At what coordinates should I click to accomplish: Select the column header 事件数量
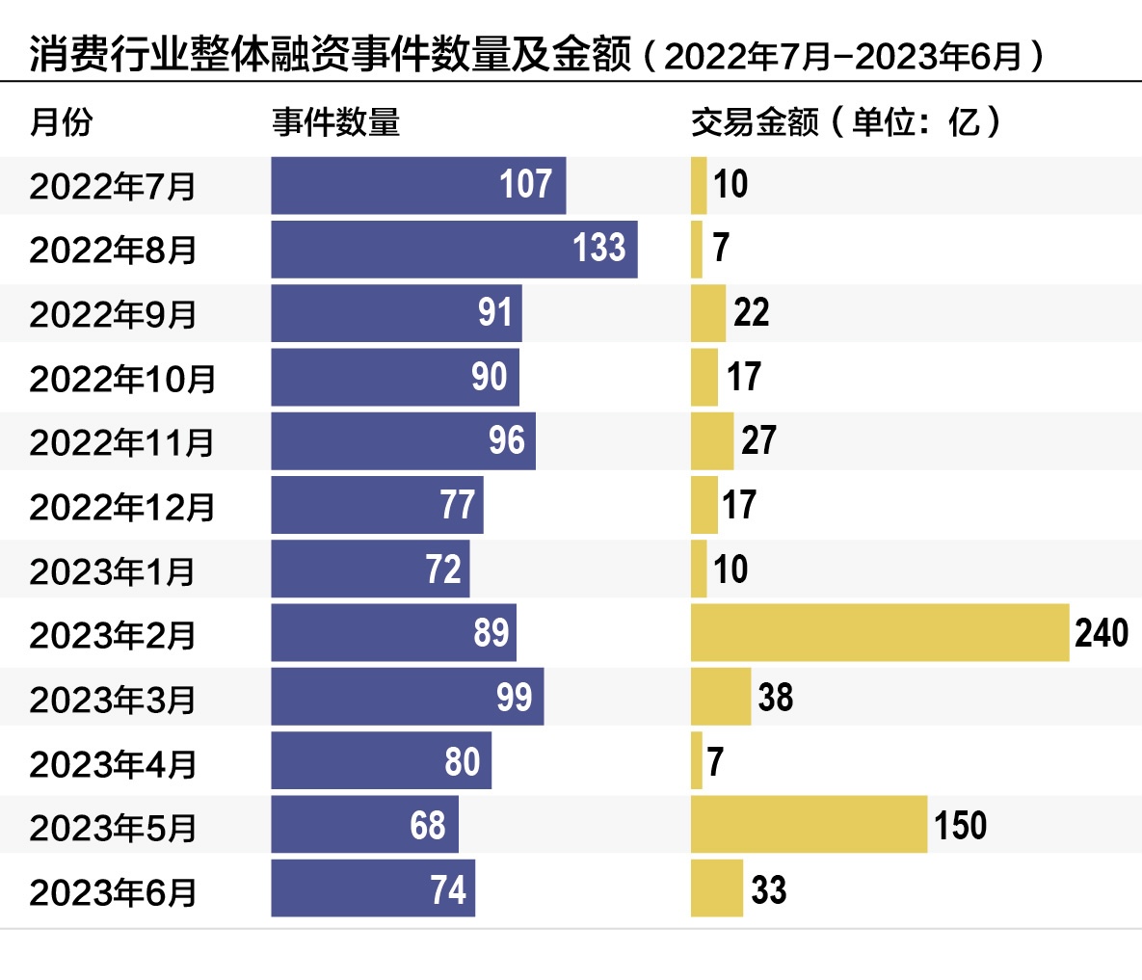point(335,122)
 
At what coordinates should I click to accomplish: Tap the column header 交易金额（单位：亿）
point(846,122)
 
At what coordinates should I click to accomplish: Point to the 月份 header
point(62,122)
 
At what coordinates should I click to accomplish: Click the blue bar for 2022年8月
point(454,250)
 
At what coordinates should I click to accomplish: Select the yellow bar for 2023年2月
point(880,633)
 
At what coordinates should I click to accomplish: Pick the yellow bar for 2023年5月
point(809,825)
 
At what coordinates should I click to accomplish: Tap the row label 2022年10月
point(122,379)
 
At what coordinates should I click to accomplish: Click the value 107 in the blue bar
point(525,184)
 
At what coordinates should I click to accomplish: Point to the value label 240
point(1102,633)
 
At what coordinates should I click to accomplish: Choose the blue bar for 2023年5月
point(364,825)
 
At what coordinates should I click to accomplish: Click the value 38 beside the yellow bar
point(775,697)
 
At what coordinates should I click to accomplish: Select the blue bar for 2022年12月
point(377,505)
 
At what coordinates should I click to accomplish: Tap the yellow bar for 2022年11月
point(712,441)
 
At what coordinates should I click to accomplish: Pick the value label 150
point(960,825)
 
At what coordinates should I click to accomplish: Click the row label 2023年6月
point(113,891)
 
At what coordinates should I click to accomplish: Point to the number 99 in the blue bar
point(514,697)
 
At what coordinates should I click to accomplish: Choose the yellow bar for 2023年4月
point(697,761)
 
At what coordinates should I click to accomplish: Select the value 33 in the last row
point(768,889)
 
